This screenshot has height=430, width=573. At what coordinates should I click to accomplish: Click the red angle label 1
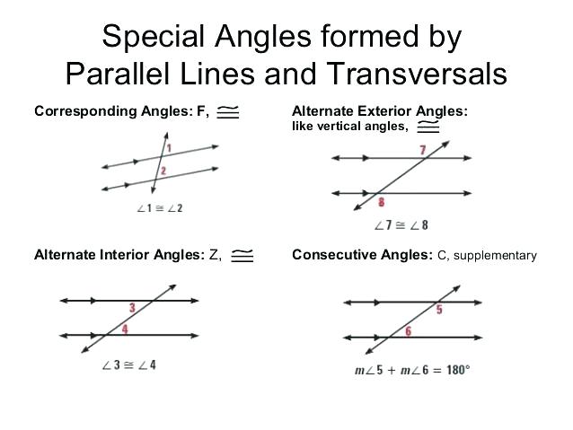(x=169, y=147)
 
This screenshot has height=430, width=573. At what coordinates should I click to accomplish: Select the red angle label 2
(x=163, y=171)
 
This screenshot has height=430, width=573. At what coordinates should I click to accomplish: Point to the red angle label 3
(x=132, y=308)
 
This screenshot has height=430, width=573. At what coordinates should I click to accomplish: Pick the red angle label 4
(x=125, y=329)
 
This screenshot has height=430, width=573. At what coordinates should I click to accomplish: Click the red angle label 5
(x=439, y=310)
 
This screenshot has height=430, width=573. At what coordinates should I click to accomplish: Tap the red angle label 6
(x=408, y=331)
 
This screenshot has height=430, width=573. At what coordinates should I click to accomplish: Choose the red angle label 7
(x=423, y=150)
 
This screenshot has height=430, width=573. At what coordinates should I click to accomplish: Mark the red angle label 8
(x=381, y=202)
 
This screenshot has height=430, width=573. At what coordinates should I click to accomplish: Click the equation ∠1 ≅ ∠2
(x=160, y=208)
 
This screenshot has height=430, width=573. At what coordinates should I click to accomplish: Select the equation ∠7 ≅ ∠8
(x=401, y=225)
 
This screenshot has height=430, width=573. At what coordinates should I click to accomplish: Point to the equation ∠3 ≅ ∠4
(x=129, y=364)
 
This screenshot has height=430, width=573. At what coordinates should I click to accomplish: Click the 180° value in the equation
(x=458, y=370)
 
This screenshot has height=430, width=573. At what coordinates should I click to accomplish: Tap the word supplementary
(x=495, y=255)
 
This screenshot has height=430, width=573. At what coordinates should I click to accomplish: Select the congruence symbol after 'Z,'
(x=242, y=255)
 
